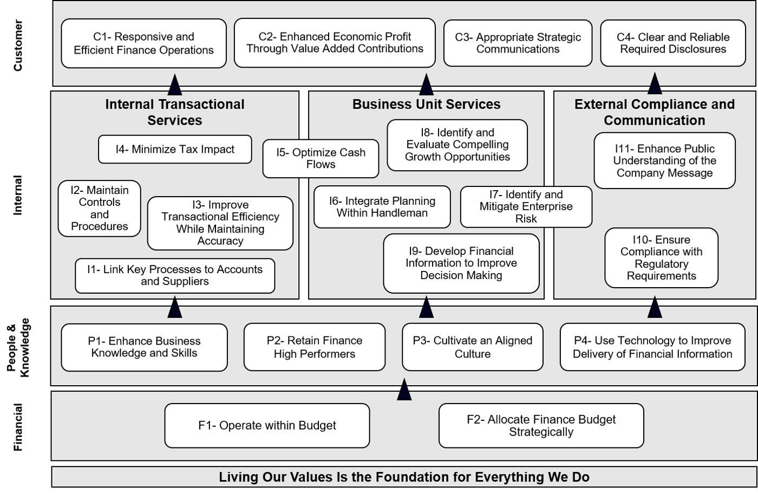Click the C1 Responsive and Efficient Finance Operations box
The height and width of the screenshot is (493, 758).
tap(143, 43)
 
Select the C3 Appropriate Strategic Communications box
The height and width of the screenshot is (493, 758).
tap(518, 43)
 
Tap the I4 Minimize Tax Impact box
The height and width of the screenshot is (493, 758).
tap(175, 150)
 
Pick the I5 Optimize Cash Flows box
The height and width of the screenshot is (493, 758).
tap(321, 159)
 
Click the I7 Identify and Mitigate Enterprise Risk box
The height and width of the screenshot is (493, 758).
tap(526, 206)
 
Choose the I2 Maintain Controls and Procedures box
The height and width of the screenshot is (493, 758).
tap(100, 208)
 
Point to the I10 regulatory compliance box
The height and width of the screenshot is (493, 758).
tap(661, 258)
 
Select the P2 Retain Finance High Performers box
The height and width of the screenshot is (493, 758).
tap(315, 347)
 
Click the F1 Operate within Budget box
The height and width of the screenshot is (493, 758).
tap(267, 426)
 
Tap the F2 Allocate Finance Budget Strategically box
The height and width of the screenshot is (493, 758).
tap(541, 426)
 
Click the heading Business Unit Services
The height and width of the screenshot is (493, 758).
tap(427, 104)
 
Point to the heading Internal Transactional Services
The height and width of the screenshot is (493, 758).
tap(175, 112)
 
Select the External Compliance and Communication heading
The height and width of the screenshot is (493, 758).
tap(655, 112)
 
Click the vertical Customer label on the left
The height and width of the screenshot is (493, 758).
tap(18, 46)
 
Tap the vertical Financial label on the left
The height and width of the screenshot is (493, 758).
tap(18, 427)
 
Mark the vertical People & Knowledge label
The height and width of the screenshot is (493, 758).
tap(18, 347)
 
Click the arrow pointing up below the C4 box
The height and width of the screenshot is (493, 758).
tap(655, 84)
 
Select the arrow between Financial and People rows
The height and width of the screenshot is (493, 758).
tap(404, 390)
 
